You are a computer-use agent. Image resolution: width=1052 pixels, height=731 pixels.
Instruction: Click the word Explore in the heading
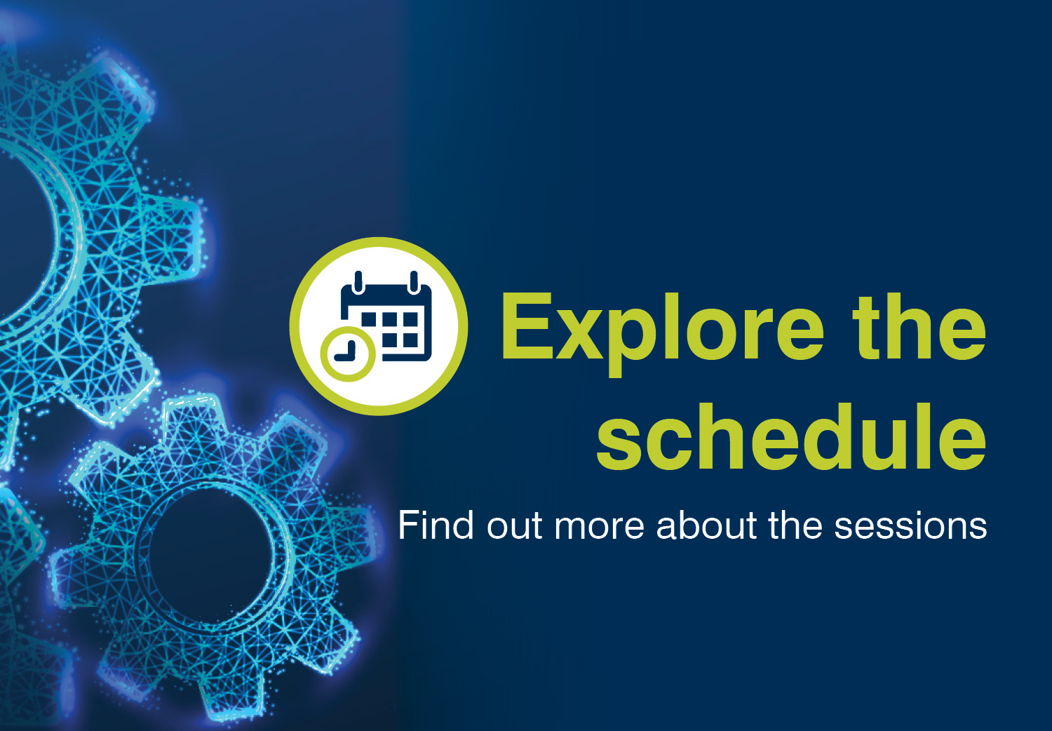click(x=663, y=334)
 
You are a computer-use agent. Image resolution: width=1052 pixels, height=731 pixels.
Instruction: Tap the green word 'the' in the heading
click(x=919, y=327)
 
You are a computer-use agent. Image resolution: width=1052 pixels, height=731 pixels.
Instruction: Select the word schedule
click(x=791, y=436)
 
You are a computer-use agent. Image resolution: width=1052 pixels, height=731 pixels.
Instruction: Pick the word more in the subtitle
click(x=599, y=529)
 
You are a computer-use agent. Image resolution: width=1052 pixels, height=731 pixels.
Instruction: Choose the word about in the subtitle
click(x=707, y=525)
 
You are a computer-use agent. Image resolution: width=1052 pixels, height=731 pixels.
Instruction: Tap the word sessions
click(x=910, y=528)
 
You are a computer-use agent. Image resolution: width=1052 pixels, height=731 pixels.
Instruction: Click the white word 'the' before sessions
click(x=795, y=525)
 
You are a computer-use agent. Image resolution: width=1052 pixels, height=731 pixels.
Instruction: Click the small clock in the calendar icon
click(x=348, y=354)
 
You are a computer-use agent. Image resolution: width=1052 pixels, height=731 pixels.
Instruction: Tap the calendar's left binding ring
click(x=358, y=282)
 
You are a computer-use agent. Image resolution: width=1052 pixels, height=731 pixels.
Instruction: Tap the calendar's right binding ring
click(x=414, y=282)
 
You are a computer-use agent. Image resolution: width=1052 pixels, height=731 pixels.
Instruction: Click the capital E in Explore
click(x=527, y=326)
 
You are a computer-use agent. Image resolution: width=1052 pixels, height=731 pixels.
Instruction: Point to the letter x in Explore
click(x=579, y=335)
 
